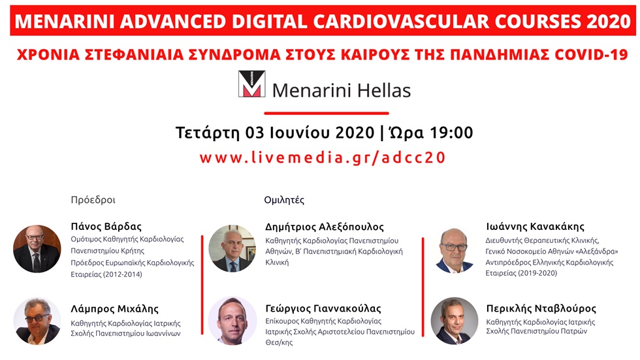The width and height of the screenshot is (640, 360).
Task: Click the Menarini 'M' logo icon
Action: tap(251, 84)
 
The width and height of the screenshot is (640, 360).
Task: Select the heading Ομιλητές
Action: tap(284, 200)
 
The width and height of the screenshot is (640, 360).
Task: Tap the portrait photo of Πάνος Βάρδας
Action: tap(37, 248)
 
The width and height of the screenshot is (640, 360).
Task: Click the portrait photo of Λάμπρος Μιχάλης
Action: tap(37, 321)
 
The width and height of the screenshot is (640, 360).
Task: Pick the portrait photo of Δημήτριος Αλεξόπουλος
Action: tap(232, 249)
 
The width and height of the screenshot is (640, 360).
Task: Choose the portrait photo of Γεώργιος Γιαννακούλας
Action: tap(232, 321)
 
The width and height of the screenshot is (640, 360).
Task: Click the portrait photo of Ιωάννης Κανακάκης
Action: tap(455, 249)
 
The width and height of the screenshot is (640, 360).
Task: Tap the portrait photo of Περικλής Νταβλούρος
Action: tap(455, 321)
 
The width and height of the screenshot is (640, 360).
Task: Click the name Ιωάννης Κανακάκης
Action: tap(535, 227)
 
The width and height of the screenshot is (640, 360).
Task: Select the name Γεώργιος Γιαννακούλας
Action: tap(323, 308)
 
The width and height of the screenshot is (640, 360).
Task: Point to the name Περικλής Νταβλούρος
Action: tap(541, 308)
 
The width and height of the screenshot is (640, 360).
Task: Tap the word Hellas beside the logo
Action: tap(379, 90)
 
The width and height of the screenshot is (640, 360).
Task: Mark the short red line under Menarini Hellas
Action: tap(325, 112)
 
